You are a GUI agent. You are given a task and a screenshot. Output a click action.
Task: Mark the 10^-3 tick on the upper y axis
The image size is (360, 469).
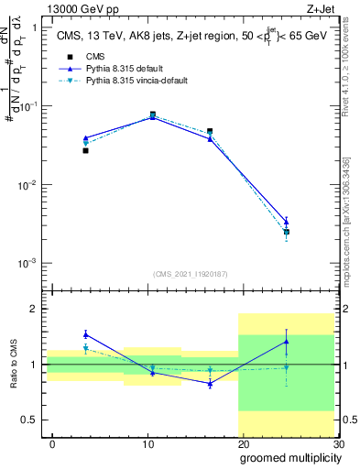coord(24,264)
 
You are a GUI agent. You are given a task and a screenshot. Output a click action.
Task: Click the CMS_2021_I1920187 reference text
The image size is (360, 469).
coord(190,274)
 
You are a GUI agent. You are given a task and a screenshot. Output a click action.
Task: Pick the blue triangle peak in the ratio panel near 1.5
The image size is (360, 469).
coord(85,334)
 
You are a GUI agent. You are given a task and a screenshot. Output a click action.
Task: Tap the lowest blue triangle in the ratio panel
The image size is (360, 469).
coord(210,384)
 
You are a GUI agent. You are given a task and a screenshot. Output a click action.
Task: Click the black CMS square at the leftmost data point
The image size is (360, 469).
coord(85,150)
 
